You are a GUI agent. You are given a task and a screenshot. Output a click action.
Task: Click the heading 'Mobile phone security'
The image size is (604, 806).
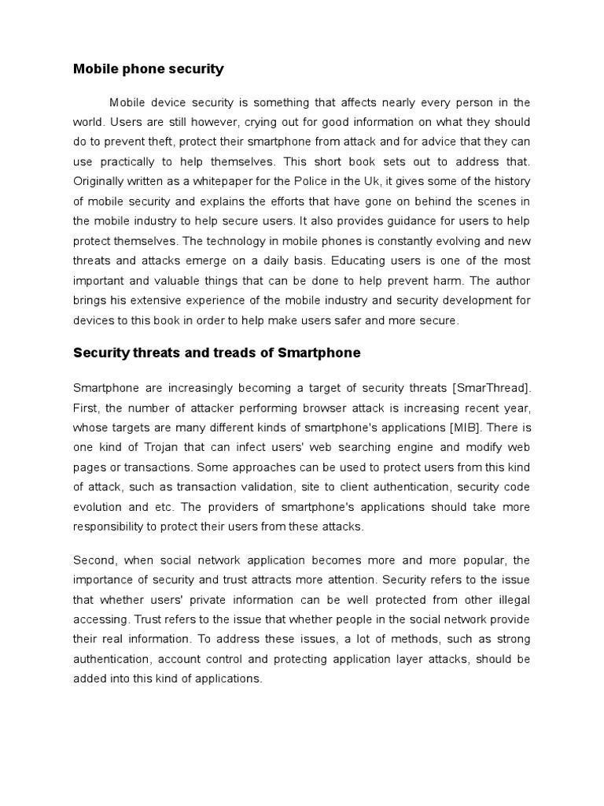coord(148,69)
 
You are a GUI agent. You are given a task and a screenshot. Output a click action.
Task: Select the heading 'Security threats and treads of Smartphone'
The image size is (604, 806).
coord(216,353)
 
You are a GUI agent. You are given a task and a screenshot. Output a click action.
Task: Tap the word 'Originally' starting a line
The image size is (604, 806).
coord(100,181)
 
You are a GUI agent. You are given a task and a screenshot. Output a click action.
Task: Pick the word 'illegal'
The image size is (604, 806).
coord(512,600)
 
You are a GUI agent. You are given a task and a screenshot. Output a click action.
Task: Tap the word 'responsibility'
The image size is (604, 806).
coord(111,527)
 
